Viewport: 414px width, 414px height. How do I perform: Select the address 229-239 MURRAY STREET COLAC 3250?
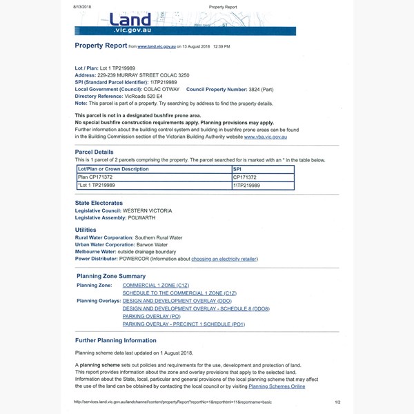point(145,75)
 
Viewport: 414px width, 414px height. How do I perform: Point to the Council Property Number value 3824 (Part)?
point(266,89)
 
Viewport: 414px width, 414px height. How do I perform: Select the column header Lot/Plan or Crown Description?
point(113,168)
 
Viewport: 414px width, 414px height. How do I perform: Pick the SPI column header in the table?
point(238,168)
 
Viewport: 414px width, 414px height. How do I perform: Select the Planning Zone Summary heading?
point(111,276)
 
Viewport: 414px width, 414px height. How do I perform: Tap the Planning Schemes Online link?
point(277,386)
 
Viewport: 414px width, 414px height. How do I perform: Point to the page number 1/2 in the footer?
point(337,402)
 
